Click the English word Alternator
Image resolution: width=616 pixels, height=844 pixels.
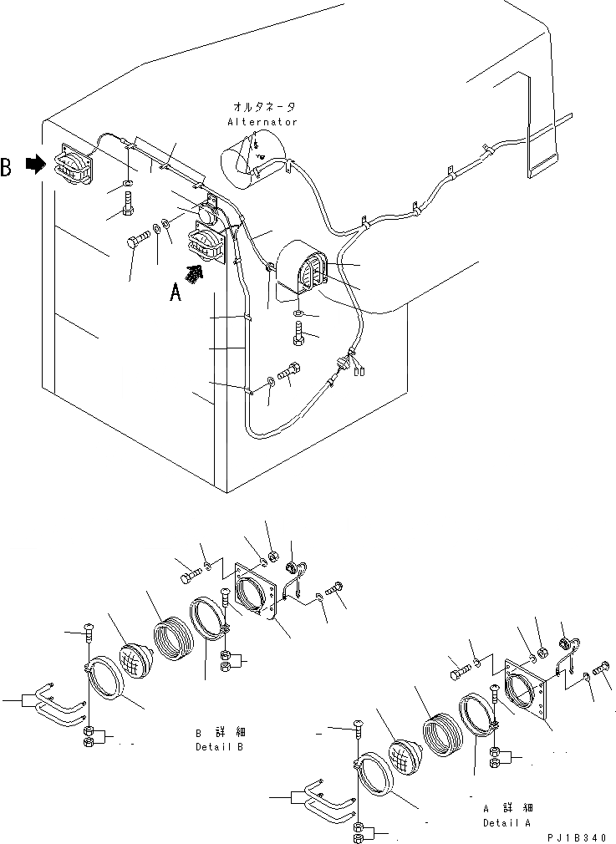point(262,122)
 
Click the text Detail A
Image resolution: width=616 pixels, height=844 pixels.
point(507,822)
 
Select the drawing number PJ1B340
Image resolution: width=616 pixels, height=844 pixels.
point(577,836)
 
